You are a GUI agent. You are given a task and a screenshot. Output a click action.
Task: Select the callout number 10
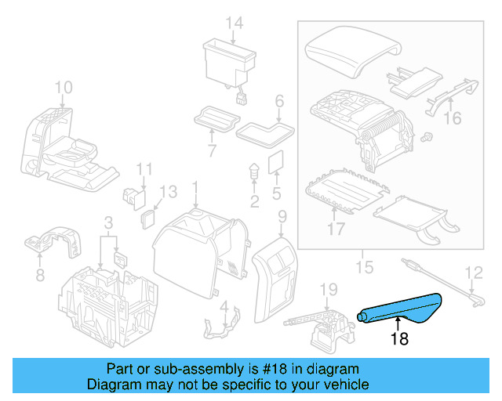click(x=64, y=86)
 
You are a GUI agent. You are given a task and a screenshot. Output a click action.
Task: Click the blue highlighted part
click(x=400, y=309)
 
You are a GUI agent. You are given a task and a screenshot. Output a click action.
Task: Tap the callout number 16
click(x=453, y=118)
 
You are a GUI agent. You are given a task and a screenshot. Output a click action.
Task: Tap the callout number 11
click(x=144, y=169)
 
